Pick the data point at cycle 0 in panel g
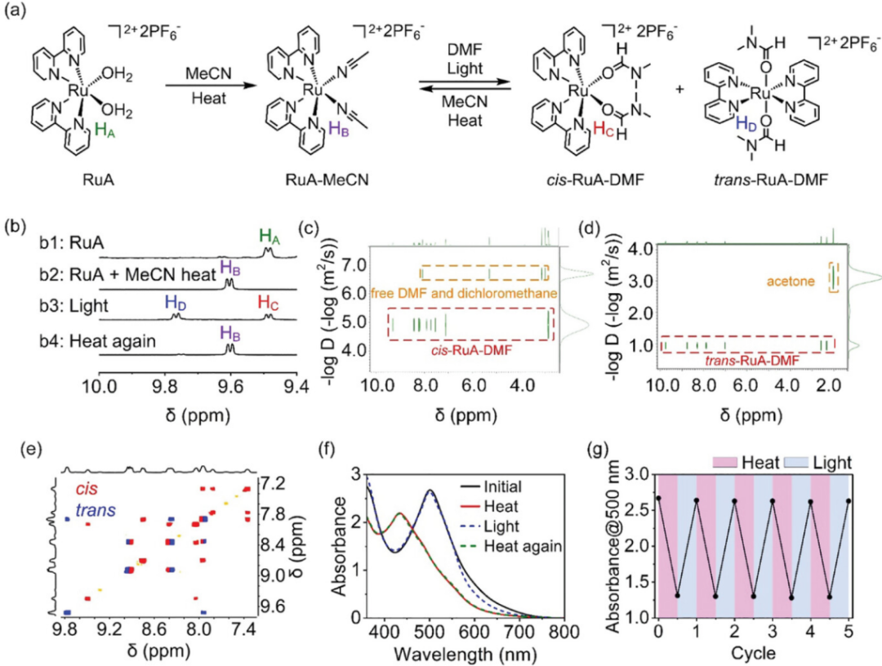pyautogui.click(x=658, y=498)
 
